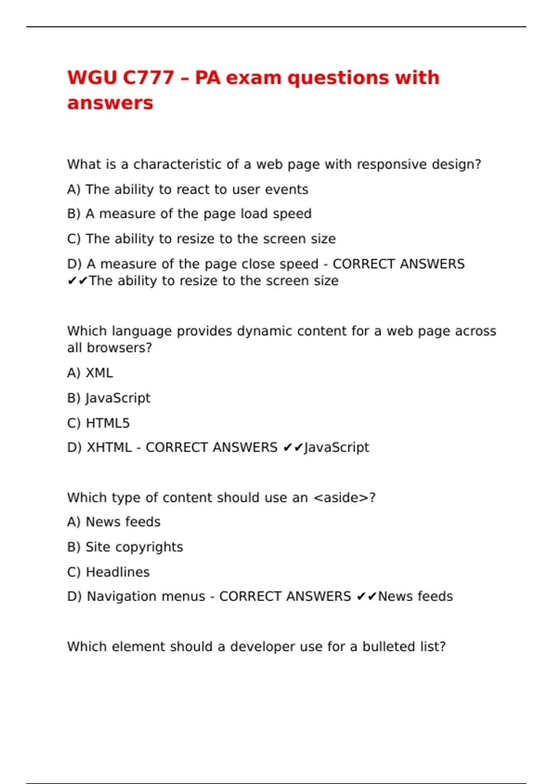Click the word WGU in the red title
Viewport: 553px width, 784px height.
92,77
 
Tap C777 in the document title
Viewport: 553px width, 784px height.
148,77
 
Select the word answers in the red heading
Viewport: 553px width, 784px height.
110,103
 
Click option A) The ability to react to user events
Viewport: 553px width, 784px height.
188,190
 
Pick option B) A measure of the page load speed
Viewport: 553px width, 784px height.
189,214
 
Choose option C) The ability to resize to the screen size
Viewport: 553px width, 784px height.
201,239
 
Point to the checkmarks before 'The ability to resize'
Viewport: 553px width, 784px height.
77,281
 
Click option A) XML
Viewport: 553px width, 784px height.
90,373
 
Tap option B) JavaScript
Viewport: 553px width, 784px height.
109,398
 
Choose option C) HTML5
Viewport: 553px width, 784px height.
98,423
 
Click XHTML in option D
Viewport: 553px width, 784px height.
109,447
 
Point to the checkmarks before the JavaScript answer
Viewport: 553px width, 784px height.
293,447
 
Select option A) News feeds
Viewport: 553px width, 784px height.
114,522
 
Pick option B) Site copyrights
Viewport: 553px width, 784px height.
125,547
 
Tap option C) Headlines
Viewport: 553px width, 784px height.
108,572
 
